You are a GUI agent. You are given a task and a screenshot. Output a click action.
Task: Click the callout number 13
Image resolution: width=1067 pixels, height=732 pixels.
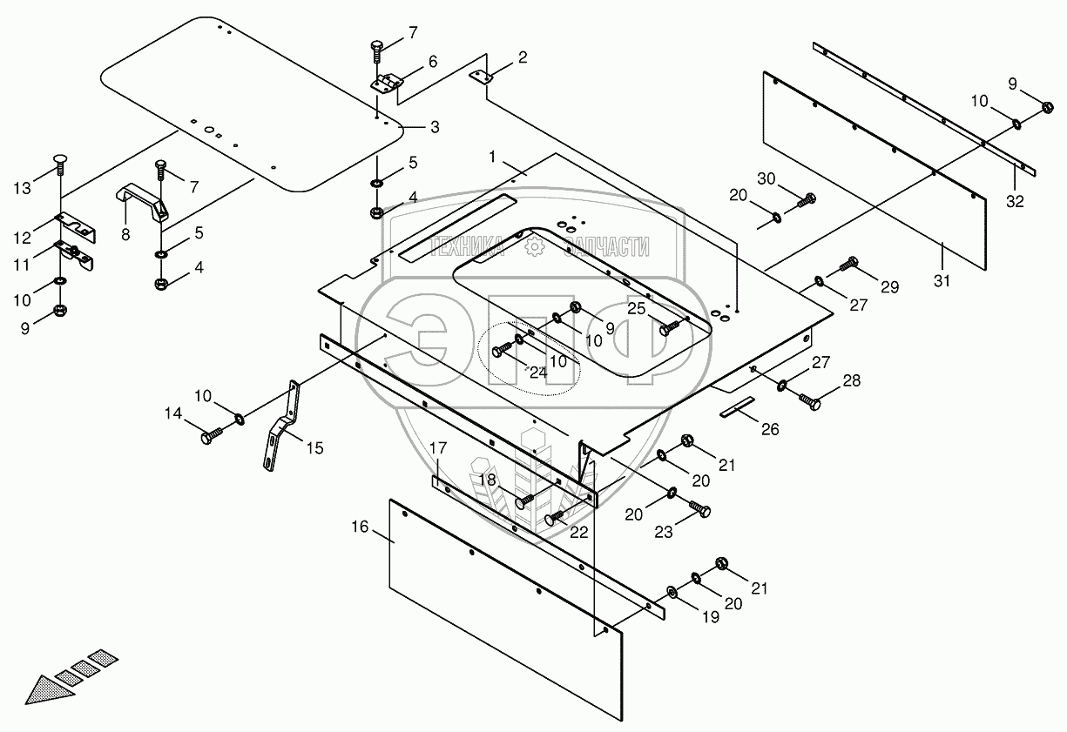(x=22, y=189)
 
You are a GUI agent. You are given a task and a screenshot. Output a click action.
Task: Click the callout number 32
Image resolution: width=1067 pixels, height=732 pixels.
(x=1015, y=201)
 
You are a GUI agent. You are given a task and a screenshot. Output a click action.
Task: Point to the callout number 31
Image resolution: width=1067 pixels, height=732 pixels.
(x=942, y=281)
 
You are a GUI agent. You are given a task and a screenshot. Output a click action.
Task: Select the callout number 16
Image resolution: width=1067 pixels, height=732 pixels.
(x=360, y=527)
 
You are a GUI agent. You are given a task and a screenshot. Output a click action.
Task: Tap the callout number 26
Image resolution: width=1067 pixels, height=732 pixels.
(x=770, y=429)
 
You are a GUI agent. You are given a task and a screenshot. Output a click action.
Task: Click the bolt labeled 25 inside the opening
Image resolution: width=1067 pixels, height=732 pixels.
(x=670, y=328)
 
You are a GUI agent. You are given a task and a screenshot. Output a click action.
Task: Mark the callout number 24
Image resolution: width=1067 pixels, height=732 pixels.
(x=538, y=373)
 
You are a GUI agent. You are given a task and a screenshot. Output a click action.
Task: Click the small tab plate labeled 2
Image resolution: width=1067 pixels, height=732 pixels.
(x=481, y=77)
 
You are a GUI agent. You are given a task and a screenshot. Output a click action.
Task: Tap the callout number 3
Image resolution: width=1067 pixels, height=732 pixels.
(x=435, y=127)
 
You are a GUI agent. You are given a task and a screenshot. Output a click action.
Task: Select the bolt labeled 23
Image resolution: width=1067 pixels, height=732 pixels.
(x=699, y=508)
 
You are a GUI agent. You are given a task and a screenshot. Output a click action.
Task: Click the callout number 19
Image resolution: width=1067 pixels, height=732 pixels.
(x=711, y=617)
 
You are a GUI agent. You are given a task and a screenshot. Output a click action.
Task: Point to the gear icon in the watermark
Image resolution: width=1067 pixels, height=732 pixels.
(x=534, y=247)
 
